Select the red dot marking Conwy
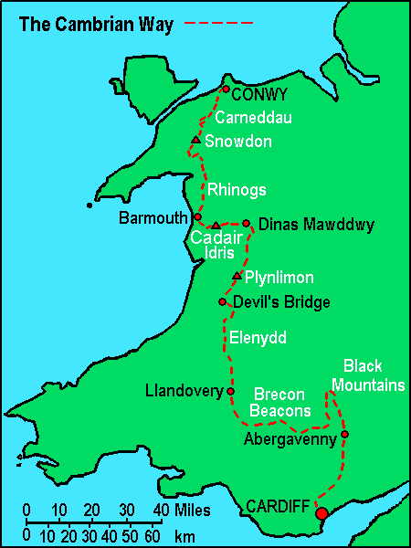click(226, 90)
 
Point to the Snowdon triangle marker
click(195, 141)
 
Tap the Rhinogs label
click(237, 190)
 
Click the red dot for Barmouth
click(197, 217)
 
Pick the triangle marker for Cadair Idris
click(216, 226)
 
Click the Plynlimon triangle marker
click(237, 276)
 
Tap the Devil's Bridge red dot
click(222, 301)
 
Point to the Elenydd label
click(259, 338)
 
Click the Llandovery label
click(184, 392)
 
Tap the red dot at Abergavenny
click(344, 434)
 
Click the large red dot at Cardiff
click(321, 513)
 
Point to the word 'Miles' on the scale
click(192, 509)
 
